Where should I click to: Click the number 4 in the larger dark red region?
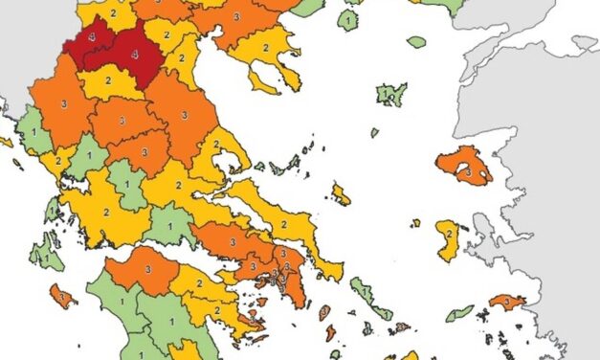pos(134,56)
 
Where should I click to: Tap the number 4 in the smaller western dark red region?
pos(92,36)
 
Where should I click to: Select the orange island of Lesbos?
pos(464,165)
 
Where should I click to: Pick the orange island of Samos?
pos(506,303)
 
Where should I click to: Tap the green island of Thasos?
pos(349,18)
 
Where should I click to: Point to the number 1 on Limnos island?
pos(390,95)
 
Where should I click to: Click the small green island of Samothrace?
pos(416,42)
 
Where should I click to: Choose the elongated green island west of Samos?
pos(459,313)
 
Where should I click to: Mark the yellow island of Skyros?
pos(341,195)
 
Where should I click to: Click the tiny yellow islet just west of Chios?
pos(415,223)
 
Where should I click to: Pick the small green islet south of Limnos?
pos(374,132)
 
